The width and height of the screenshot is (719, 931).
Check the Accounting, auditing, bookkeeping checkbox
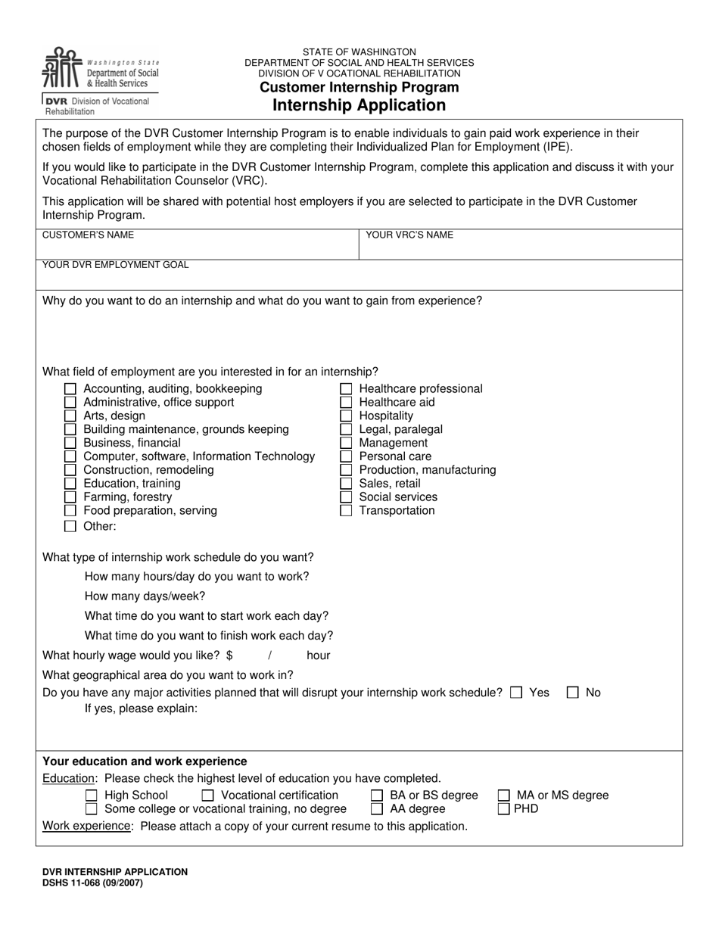point(70,389)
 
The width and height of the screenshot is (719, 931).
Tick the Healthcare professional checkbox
point(346,389)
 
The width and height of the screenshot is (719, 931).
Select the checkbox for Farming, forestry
point(70,497)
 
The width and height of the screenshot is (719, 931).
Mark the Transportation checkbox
point(346,511)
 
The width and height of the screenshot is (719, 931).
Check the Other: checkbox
point(70,526)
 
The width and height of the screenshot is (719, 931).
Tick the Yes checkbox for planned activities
point(516,693)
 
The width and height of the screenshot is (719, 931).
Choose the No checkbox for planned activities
point(573,693)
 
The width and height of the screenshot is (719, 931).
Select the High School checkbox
point(92,796)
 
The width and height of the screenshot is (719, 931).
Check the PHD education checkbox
point(504,809)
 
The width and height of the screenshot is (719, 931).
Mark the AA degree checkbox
point(377,809)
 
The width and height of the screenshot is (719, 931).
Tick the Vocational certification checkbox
point(208,796)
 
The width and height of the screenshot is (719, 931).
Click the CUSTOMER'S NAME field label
point(88,235)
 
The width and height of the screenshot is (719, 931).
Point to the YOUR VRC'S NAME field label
point(409,235)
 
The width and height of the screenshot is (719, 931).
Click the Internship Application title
point(359,105)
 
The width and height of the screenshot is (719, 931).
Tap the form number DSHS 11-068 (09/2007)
point(92,883)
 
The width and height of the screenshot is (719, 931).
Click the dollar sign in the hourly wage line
point(229,655)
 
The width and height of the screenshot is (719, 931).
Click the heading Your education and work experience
point(145,761)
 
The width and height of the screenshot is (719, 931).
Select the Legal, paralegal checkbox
point(346,430)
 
